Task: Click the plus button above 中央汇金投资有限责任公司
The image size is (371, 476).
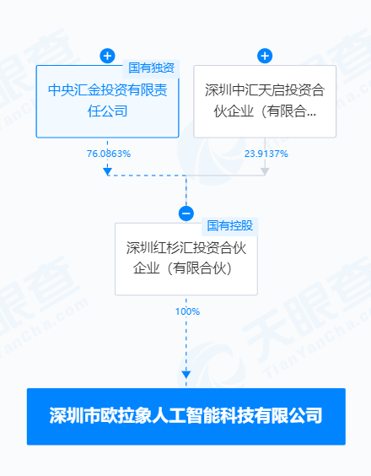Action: pos(107,56)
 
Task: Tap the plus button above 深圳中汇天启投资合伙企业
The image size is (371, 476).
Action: pos(265,56)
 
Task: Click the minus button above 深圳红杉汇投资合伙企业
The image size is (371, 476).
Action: pos(186,214)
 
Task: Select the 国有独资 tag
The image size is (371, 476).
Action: pos(151,68)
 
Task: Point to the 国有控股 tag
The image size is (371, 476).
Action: pos(229,226)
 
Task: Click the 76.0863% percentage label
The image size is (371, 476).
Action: pos(109,154)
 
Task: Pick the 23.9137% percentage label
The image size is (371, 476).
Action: pos(266,154)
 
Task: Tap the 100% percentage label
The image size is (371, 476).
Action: pos(187,311)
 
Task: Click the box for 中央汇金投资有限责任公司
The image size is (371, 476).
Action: pos(107,101)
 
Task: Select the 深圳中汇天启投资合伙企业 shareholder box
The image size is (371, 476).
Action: pos(265,101)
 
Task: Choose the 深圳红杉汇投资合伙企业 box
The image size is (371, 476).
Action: pos(186,259)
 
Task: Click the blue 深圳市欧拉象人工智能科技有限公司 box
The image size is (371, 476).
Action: pos(186,417)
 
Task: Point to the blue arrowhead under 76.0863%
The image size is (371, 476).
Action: pos(107,172)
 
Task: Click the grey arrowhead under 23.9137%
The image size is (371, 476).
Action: pos(265,172)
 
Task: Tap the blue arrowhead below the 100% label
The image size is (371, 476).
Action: pos(186,375)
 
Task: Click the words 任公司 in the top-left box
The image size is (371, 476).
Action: pos(107,111)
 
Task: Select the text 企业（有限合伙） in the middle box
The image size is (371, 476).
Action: pos(183,268)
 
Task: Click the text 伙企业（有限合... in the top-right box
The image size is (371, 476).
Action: pos(265,111)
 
